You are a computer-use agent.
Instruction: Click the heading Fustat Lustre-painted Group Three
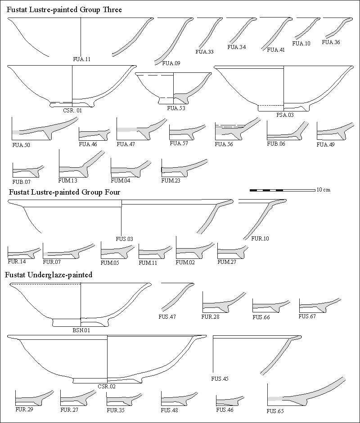pos(64,9)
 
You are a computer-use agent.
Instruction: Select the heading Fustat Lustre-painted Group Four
pos(63,192)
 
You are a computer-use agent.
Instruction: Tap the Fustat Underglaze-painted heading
pos(49,275)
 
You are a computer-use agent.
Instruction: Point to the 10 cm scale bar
pos(282,190)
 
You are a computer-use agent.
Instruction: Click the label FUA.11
pos(81,59)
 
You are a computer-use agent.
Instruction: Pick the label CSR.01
pos(72,110)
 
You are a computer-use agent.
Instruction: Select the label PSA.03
pos(285,115)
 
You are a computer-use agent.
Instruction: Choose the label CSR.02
pos(107,387)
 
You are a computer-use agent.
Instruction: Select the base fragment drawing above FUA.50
pos(45,129)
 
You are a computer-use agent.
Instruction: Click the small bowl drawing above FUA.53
pos(173,88)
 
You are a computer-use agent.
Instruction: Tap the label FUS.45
pos(220,379)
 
